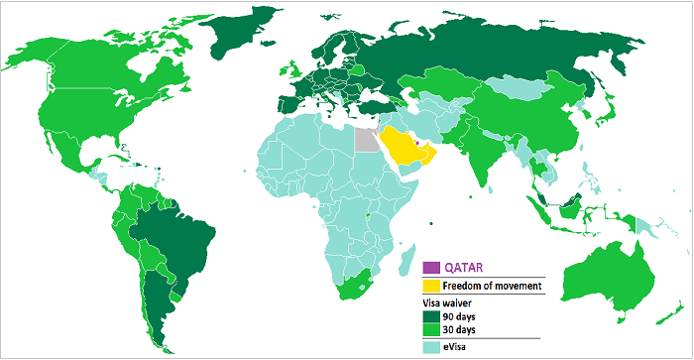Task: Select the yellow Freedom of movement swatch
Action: (431, 286)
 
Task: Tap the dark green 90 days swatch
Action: (431, 316)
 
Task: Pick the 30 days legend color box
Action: (431, 330)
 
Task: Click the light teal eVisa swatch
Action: (431, 347)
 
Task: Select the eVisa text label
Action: (459, 347)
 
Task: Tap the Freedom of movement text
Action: (493, 286)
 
